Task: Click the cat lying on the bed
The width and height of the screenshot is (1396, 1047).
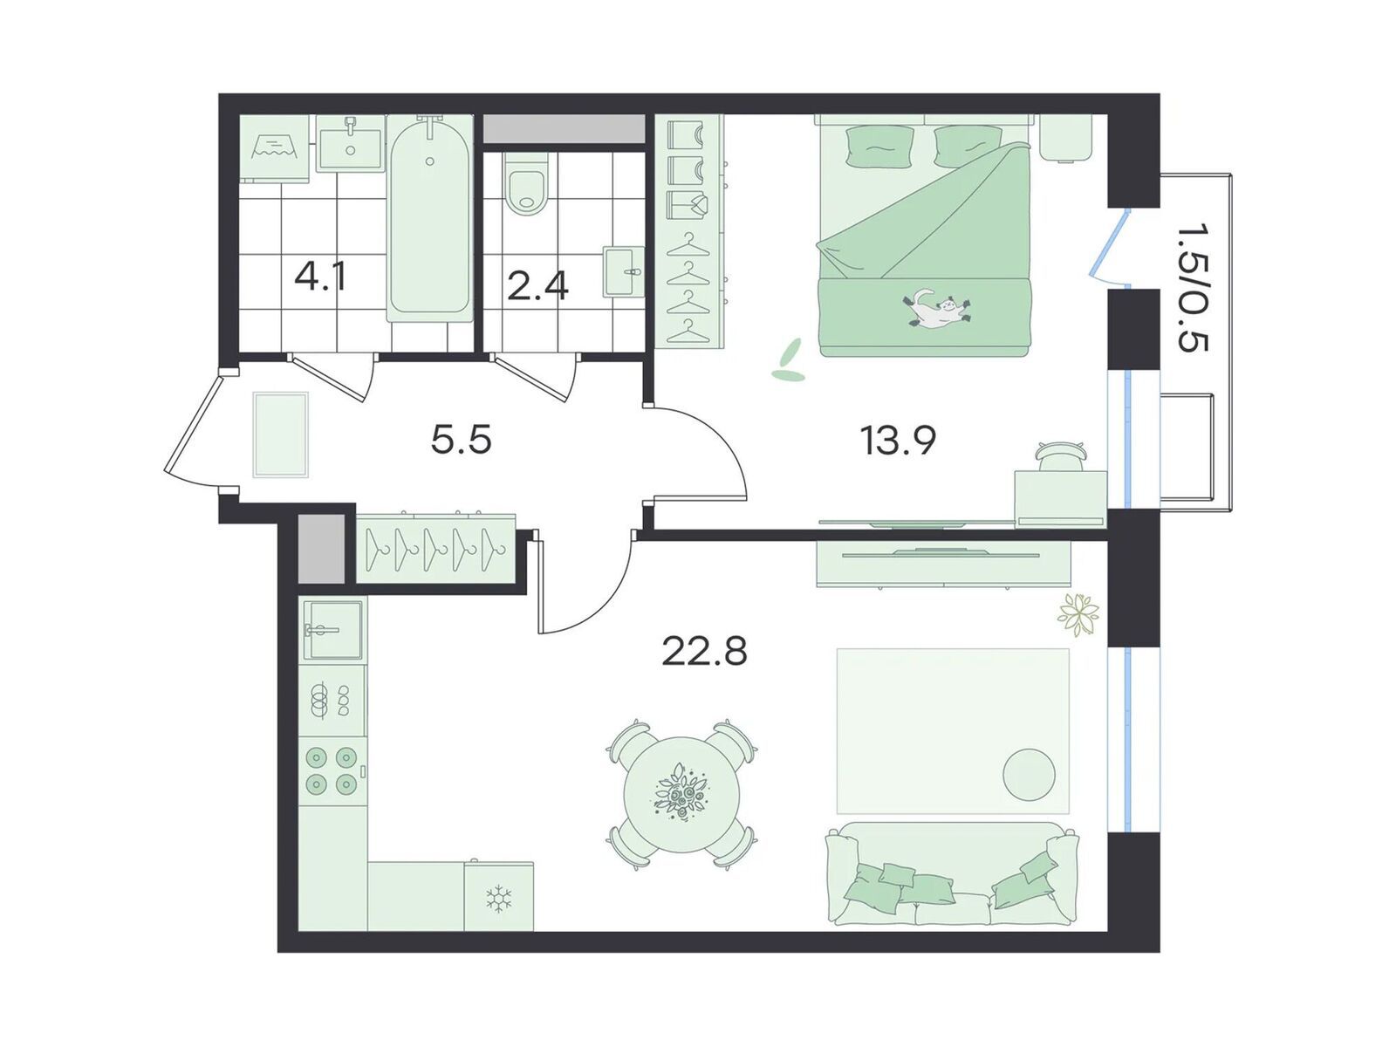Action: pos(936,311)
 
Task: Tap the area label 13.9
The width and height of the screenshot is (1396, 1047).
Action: pos(898,441)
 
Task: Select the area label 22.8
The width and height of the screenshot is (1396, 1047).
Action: pos(704,650)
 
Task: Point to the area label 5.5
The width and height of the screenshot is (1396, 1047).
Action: pos(461,439)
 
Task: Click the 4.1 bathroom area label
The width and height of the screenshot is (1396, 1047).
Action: pos(320,277)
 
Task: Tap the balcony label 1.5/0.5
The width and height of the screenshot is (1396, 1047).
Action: pos(1191,288)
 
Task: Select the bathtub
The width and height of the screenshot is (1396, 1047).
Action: pos(430,217)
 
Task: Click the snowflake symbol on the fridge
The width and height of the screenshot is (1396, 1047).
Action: pos(499,897)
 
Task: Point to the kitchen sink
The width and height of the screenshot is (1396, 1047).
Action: pos(332,629)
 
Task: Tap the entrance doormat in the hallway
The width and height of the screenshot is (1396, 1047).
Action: pos(280,435)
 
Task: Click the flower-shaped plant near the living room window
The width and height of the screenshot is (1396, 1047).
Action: pos(1078,613)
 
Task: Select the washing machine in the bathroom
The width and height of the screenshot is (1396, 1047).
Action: pos(277,150)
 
